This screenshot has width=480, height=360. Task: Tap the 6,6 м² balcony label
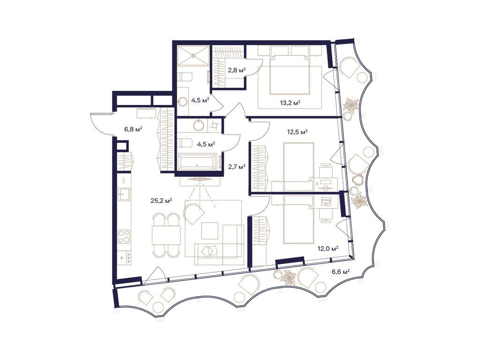[x=341, y=271]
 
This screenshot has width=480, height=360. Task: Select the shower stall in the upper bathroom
[x=192, y=57]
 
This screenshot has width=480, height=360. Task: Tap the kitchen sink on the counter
[x=124, y=193]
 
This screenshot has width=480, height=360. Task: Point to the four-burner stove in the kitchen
[x=124, y=236]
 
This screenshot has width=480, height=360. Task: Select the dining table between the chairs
[x=166, y=234]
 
